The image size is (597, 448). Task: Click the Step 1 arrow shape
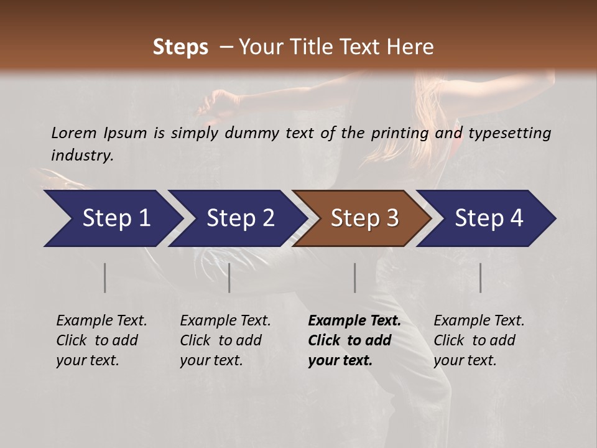tap(112, 218)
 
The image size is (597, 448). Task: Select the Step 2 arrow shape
tap(236, 218)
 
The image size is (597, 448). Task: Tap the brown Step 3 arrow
tap(361, 218)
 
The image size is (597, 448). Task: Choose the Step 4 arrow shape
tap(485, 218)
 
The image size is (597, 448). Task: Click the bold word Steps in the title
tap(180, 47)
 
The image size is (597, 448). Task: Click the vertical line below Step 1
tap(105, 278)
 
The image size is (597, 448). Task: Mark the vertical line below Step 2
tap(229, 278)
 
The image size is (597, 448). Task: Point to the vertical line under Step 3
tap(355, 278)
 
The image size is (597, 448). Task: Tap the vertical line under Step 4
tap(480, 278)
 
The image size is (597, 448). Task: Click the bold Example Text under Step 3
tap(354, 321)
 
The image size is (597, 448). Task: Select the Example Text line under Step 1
tap(101, 321)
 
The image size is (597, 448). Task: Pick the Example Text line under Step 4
tap(479, 321)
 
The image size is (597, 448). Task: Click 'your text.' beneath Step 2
tap(211, 360)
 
